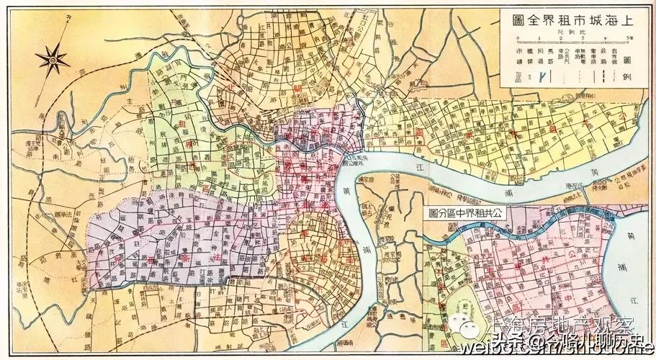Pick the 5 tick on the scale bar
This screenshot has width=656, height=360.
point(629,38)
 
